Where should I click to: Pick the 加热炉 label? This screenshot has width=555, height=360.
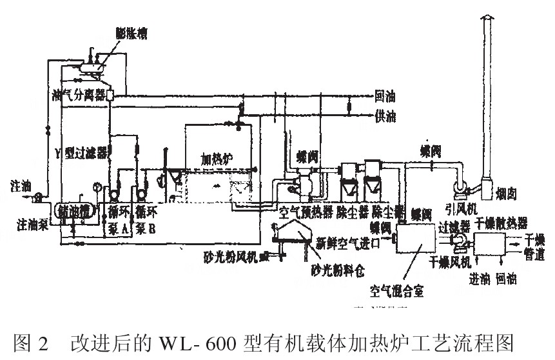coord(216,158)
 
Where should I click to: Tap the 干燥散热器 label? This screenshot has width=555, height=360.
coord(502,223)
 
